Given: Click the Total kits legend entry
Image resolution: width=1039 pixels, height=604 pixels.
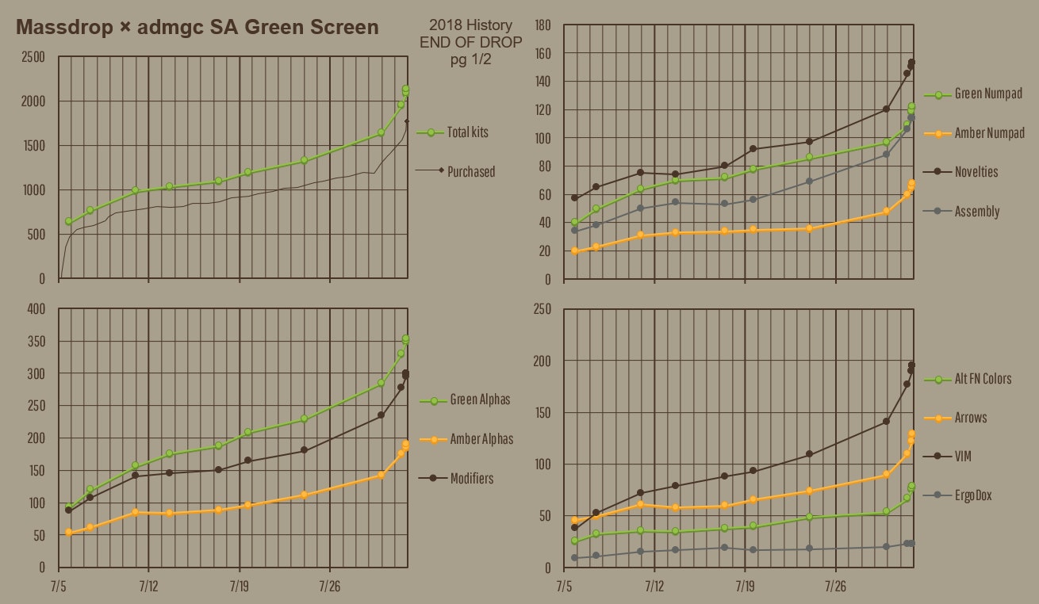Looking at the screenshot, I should pos(467,132).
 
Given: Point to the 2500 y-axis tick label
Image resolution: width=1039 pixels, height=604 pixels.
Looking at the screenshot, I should pos(33,57).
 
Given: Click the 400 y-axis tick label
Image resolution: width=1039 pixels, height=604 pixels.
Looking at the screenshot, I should pos(36,308).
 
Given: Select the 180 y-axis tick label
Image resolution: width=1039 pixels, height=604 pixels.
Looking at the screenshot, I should pos(543,25).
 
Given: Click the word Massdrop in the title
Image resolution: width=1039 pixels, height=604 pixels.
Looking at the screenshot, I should pos(63,27).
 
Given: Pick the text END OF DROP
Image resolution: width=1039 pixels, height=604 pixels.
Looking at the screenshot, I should pos(471,42).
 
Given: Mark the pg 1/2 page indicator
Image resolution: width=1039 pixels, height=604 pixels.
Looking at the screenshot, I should pos(471,59).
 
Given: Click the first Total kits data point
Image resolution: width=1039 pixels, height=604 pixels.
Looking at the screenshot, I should pos(68,221).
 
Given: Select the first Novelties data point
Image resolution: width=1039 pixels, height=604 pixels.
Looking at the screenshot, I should pos(574,197).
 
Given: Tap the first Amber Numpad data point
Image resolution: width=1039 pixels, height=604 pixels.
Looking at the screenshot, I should pos(574,250).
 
